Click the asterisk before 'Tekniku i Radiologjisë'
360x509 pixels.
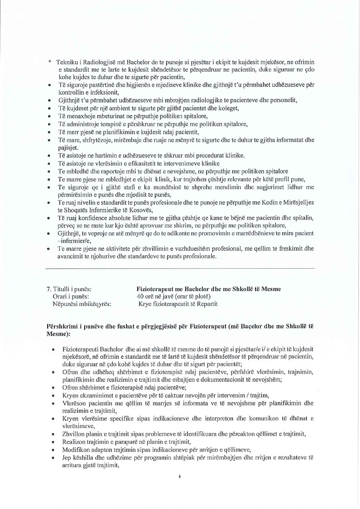coord(49,62)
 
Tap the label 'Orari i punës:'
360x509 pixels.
coord(71,296)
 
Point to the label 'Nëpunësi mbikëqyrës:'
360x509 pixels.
coord(82,304)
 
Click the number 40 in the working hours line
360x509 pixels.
coord(140,296)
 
